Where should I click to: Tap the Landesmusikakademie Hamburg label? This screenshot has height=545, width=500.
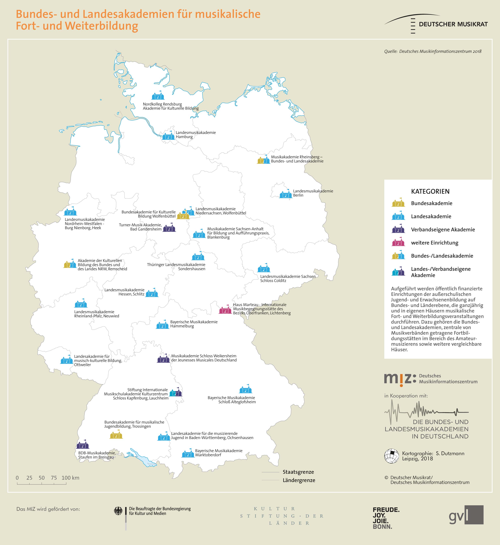(x=196, y=135)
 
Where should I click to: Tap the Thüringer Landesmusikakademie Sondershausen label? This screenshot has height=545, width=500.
(x=176, y=267)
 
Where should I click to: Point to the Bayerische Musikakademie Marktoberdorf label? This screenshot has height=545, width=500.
(x=219, y=453)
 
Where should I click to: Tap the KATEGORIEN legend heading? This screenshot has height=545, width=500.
(x=430, y=191)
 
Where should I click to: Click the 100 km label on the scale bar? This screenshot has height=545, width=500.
(x=70, y=478)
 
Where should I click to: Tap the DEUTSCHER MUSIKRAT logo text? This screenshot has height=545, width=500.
(x=453, y=24)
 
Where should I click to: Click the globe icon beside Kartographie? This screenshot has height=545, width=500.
(x=391, y=456)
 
